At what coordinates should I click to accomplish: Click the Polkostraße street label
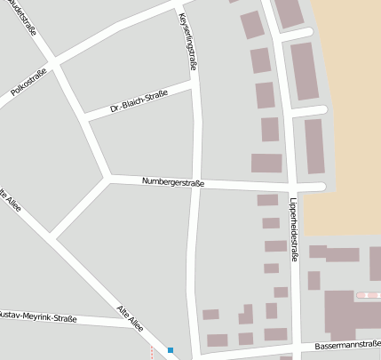(28, 78)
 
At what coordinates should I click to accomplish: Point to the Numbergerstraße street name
(173, 182)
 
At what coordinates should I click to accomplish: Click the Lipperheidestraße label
(294, 229)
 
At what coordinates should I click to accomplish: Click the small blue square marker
(170, 350)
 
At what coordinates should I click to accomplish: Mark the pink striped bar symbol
(368, 294)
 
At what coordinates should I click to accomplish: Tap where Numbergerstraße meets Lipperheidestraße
(290, 187)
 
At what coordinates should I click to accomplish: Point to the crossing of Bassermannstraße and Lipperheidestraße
(300, 347)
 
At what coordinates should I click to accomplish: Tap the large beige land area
(351, 116)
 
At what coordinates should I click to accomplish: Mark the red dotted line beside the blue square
(152, 352)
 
